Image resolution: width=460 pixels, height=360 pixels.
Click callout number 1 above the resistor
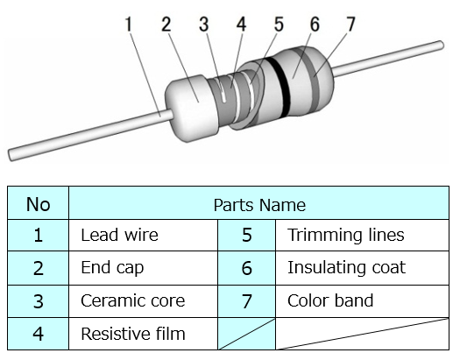point(129,24)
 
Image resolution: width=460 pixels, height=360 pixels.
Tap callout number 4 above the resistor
point(241,24)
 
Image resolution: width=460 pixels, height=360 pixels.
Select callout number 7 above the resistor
point(350,24)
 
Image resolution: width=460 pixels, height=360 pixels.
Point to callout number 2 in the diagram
point(166,24)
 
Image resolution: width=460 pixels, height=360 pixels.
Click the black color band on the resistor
point(280,87)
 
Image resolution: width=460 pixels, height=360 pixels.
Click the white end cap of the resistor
point(192,109)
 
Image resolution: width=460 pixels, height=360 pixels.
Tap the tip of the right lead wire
point(441,46)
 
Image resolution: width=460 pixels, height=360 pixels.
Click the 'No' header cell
point(39,204)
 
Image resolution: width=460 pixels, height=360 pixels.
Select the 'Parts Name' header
point(259,205)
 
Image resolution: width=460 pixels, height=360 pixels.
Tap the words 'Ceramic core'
point(133,300)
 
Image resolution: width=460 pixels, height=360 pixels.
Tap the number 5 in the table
point(247,235)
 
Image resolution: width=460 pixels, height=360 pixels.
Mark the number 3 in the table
point(39,301)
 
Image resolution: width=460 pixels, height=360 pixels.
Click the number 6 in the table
point(247,268)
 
